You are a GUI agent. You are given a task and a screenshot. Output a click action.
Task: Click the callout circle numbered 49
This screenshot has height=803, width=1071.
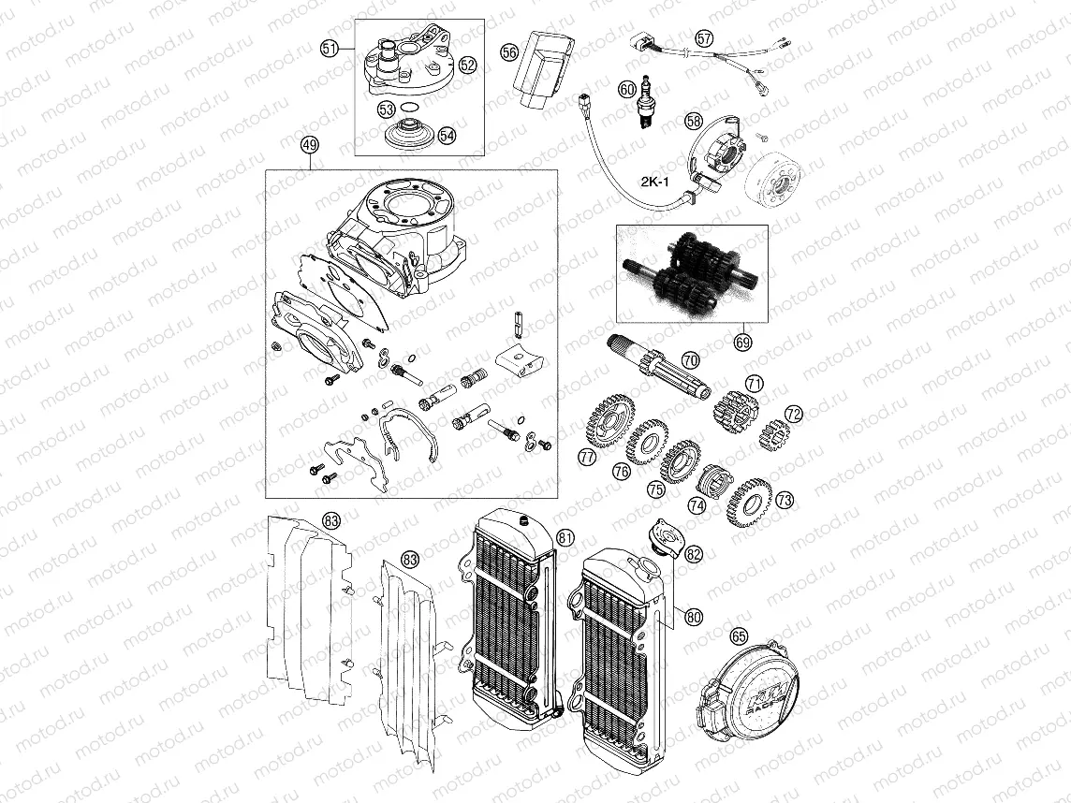[x=310, y=146]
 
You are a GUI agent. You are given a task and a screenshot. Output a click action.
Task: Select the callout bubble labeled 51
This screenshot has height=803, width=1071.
[x=329, y=49]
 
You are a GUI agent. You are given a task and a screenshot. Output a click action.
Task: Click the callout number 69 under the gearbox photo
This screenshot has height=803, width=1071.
[x=742, y=343]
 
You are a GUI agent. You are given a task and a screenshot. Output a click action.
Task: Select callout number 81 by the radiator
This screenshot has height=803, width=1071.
[x=565, y=537]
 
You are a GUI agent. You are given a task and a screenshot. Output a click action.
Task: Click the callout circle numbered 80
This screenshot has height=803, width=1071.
[x=693, y=617]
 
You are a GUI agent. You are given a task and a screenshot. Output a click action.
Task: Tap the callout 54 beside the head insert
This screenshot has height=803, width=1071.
[x=447, y=135]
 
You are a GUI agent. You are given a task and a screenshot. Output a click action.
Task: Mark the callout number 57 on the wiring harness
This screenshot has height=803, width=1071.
[x=704, y=38]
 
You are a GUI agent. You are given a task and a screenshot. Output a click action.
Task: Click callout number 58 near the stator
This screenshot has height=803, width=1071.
[x=693, y=121]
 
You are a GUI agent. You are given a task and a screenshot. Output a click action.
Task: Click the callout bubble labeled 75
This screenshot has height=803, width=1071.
[x=656, y=489]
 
